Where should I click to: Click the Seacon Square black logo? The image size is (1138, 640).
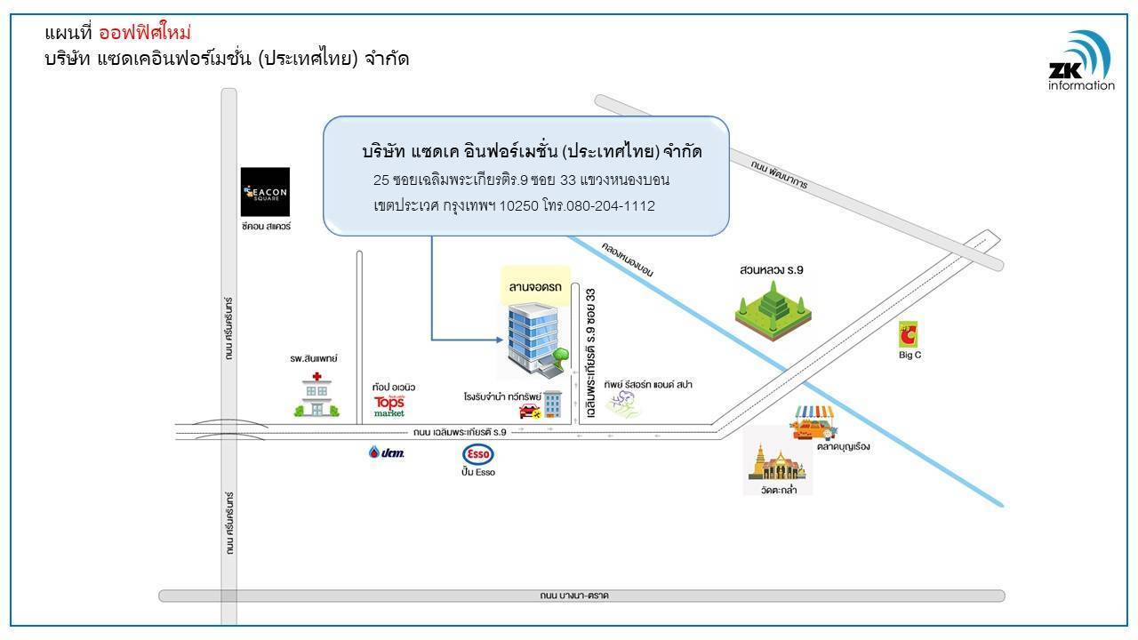265,192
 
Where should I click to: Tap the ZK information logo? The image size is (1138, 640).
1081,61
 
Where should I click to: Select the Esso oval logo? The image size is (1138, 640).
478,453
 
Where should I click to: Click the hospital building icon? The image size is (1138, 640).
317,395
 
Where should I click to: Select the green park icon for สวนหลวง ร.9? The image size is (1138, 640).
773,310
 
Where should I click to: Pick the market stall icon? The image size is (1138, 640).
813,422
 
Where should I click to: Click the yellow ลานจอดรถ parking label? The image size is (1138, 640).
535,286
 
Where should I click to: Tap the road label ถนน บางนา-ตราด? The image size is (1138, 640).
574,596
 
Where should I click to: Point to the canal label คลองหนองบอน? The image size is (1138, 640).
628,259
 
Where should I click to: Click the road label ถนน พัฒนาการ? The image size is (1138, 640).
780,174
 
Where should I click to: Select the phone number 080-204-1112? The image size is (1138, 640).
610,205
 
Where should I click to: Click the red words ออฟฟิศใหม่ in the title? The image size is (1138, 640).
145,33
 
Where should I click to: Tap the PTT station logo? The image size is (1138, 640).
387,452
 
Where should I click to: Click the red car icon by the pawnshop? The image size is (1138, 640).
530,411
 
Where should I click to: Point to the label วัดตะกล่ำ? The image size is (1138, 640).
778,490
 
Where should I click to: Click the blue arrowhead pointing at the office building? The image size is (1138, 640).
500,340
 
